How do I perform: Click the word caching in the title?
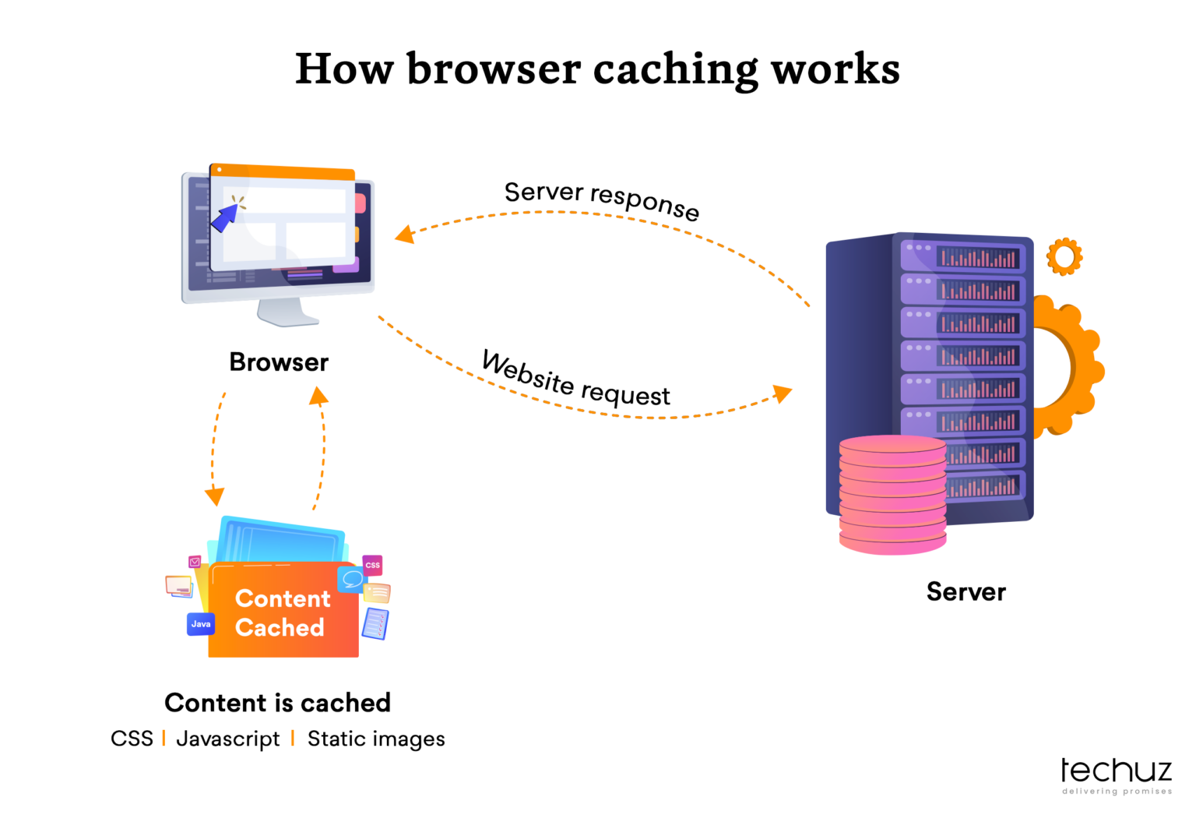tap(675, 69)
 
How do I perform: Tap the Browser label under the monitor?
tap(279, 362)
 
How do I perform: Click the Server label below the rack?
tap(966, 592)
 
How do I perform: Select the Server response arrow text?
tap(602, 199)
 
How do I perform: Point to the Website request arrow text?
tap(575, 379)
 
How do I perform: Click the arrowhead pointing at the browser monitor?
tap(404, 234)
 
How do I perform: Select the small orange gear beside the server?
tap(1064, 256)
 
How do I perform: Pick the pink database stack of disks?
tap(892, 495)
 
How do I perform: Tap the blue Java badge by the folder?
tap(201, 624)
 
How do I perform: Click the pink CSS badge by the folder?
tap(373, 565)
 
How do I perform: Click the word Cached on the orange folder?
tap(280, 628)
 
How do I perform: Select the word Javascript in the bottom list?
tap(227, 739)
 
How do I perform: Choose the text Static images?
tap(376, 739)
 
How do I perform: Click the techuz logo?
tap(1116, 774)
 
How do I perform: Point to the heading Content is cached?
tap(277, 703)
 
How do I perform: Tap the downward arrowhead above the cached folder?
tap(214, 496)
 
